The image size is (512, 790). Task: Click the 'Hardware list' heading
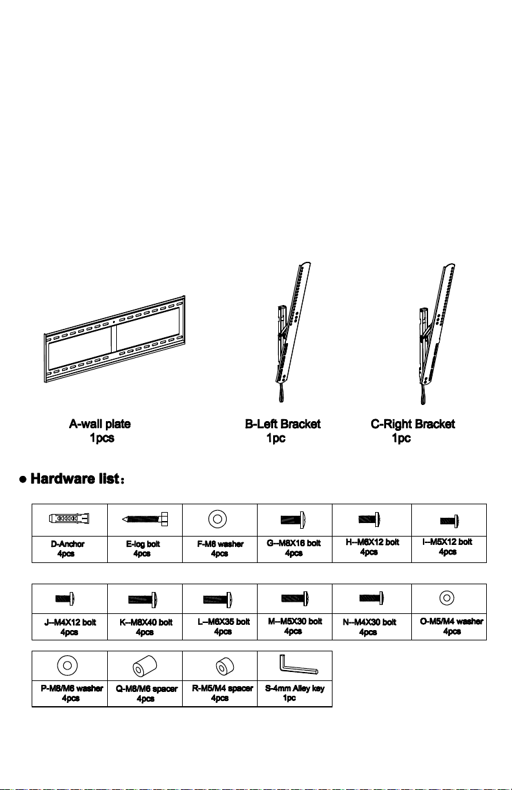click(75, 479)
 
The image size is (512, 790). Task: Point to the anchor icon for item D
click(69, 518)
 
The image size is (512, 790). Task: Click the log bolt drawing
click(145, 519)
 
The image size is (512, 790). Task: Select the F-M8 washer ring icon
click(218, 519)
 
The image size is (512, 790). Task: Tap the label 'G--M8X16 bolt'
click(294, 543)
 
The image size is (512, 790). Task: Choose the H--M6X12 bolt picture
click(369, 519)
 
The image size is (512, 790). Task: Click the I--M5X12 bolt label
click(447, 542)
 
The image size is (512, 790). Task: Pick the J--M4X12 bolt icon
click(65, 598)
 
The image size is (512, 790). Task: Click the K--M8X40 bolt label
click(146, 622)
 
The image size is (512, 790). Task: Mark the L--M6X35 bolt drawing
click(218, 599)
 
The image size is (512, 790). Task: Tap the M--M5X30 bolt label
click(295, 621)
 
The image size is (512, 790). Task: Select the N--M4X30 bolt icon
click(372, 598)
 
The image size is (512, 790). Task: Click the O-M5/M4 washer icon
click(447, 598)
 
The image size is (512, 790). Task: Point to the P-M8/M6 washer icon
click(67, 665)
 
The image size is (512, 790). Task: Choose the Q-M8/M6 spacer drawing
click(145, 666)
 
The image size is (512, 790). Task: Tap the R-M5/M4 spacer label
click(223, 688)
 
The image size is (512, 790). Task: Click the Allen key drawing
click(299, 665)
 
